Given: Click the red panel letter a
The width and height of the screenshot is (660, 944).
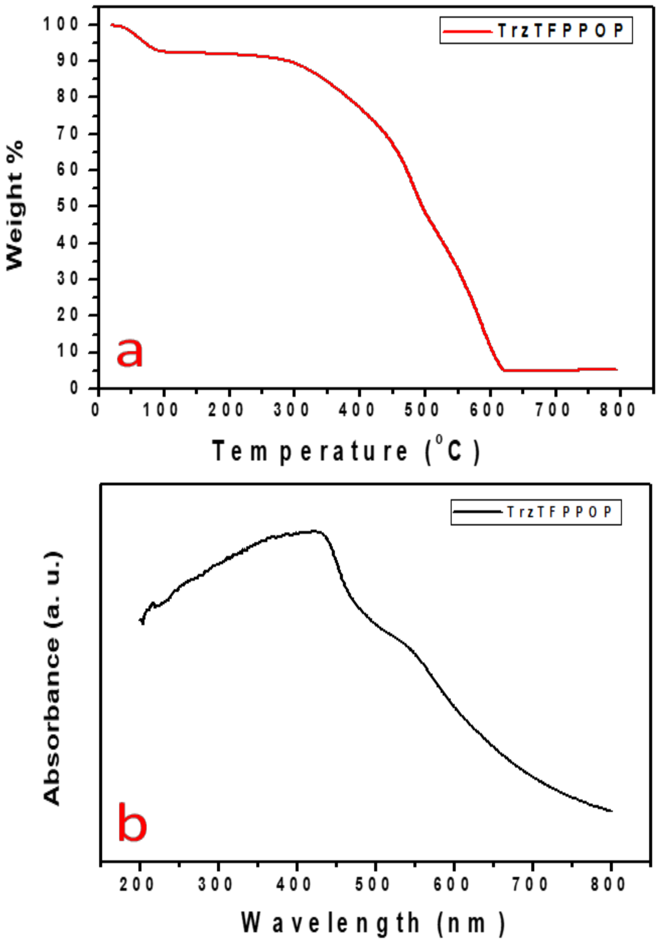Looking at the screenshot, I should pos(130,352).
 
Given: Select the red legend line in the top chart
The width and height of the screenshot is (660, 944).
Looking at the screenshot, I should pos(467,31).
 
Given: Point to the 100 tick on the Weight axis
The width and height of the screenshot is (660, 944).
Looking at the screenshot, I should pos(62,25).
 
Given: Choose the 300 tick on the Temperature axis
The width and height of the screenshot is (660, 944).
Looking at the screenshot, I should pos(292,410).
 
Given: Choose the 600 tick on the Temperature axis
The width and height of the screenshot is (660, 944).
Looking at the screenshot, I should pos(488,410).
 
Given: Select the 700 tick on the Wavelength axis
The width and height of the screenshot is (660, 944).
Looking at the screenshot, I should pos(530,884).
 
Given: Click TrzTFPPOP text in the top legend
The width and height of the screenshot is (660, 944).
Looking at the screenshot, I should pos(561,31).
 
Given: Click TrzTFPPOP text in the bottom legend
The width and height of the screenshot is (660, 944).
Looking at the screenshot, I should pos(559,512).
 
